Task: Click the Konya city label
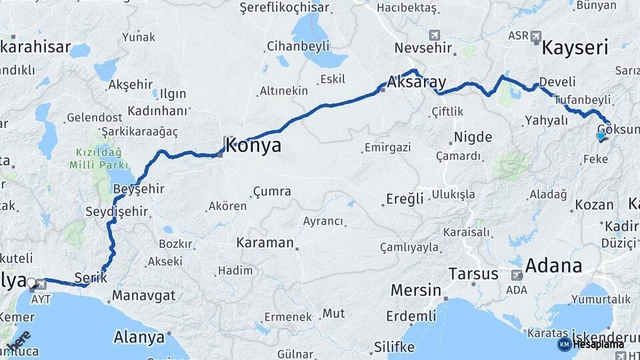click(x=253, y=145)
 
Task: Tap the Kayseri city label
click(x=575, y=48)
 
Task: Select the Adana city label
click(x=553, y=266)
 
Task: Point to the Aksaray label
click(x=416, y=83)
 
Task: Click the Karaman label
click(x=265, y=243)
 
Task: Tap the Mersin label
click(x=416, y=291)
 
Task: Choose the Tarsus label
click(x=473, y=274)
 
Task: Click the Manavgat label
click(x=143, y=295)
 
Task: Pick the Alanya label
click(x=139, y=337)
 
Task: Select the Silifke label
click(x=394, y=347)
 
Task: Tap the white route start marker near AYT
click(x=31, y=282)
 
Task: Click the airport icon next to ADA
click(x=517, y=275)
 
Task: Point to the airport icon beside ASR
click(x=537, y=36)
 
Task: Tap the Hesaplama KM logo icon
click(x=564, y=344)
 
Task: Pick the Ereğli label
click(x=405, y=199)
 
